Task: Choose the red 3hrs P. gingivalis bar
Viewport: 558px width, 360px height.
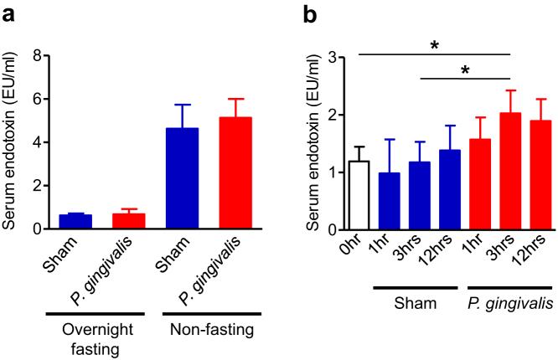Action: [x=509, y=171]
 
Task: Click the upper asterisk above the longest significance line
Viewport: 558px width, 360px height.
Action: [x=434, y=46]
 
